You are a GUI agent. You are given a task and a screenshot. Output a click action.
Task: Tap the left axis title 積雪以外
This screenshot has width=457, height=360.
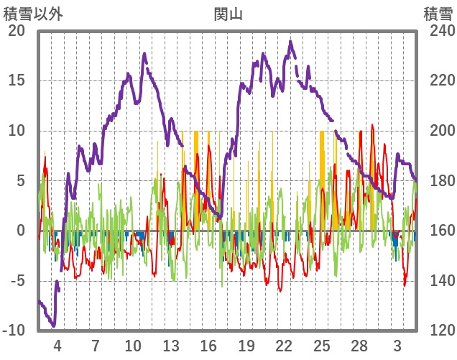coord(32,13)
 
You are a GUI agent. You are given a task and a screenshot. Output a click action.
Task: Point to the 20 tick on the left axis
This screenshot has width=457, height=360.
coord(17,31)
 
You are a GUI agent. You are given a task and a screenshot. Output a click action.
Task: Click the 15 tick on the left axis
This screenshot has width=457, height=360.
coord(17,80)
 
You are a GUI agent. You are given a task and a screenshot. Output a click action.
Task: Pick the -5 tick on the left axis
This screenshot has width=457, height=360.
coord(17,281)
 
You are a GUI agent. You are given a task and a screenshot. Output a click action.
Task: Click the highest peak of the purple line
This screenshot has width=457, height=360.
coord(291,41)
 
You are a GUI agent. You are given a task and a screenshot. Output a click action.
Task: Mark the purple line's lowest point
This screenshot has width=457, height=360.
coord(53,326)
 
